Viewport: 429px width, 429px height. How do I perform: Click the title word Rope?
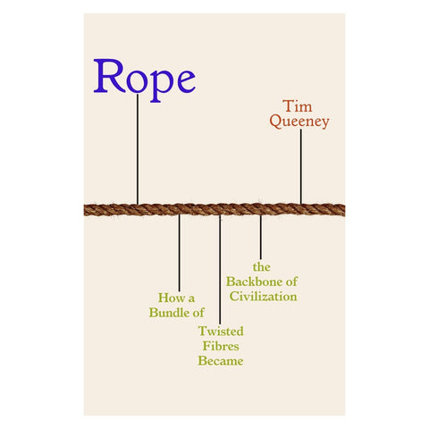pos(144,79)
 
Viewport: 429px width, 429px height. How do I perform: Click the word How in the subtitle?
pos(168,299)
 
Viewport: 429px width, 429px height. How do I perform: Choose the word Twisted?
pos(221,332)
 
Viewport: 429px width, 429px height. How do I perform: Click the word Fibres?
pos(221,346)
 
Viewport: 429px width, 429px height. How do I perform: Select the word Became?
pos(221,361)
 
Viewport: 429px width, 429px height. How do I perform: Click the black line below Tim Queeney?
pos(300,166)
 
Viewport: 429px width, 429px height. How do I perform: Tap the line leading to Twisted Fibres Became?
pos(220,268)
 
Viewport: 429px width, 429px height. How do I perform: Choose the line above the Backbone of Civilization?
pos(260,237)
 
